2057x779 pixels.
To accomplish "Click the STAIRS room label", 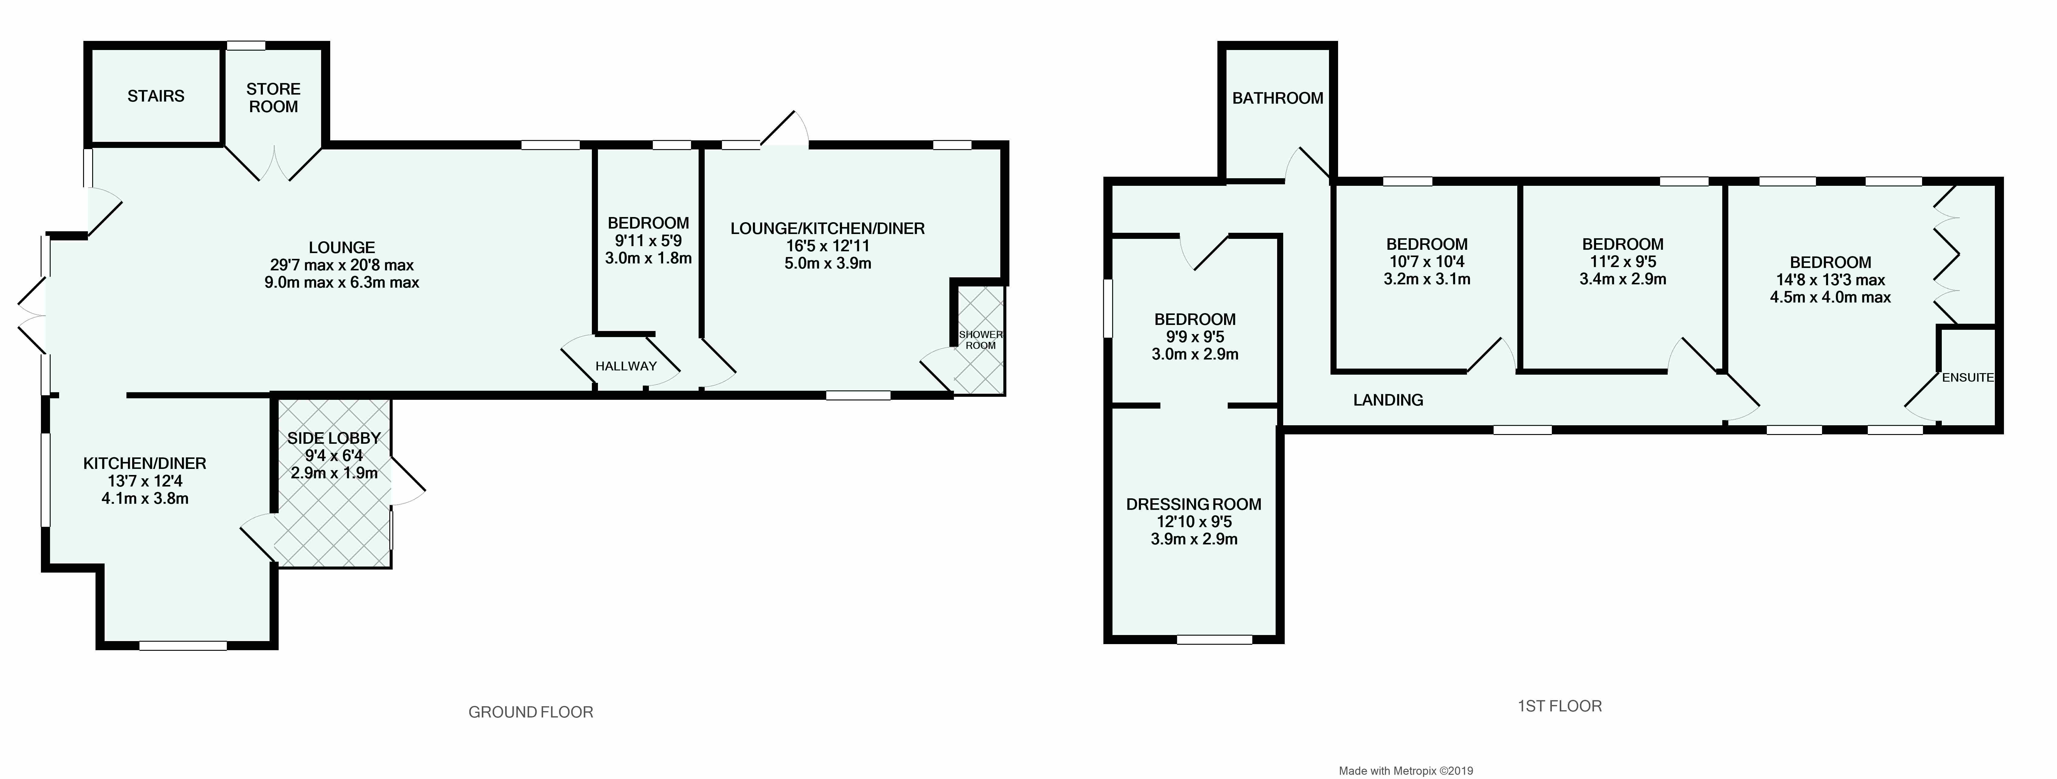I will [x=156, y=96].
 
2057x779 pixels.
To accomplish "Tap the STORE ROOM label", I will [x=273, y=97].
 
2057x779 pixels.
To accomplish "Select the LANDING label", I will [x=1388, y=400].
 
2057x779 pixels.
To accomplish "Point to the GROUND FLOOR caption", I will [x=530, y=712].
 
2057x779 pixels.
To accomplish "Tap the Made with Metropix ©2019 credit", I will [x=1405, y=770].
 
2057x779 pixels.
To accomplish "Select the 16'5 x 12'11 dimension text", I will [x=827, y=246].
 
